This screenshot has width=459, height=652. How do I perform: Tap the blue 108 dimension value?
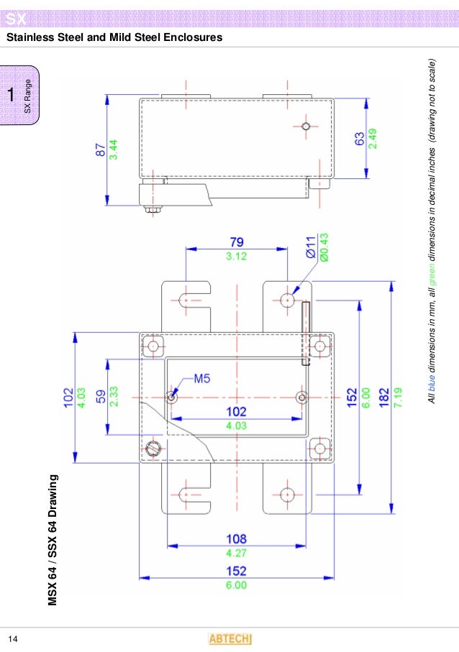[237, 538]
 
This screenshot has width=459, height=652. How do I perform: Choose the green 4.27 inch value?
[237, 553]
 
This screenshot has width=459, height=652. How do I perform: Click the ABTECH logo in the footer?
[229, 639]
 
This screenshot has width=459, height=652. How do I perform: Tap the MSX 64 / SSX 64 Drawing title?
[53, 538]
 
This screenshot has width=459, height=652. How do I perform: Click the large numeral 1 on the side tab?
[11, 95]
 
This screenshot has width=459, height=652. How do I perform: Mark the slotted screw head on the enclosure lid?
[152, 449]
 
